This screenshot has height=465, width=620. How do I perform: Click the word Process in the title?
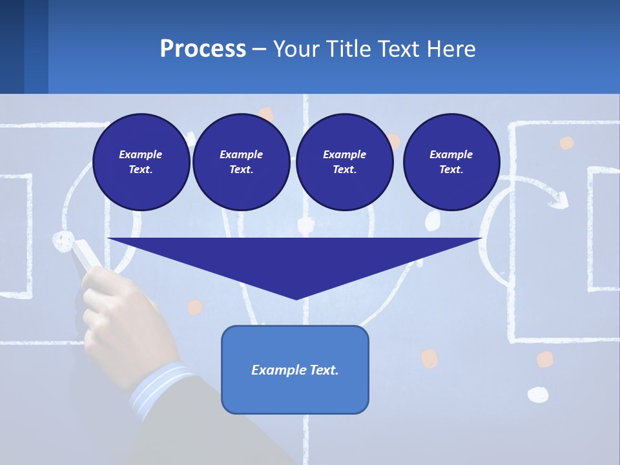coord(203,48)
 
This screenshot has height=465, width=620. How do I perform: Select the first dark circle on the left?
coord(141,162)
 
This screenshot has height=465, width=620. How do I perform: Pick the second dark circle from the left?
coord(241,162)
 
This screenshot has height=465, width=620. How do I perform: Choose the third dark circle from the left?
coord(344,162)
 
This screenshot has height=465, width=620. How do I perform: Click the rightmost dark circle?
coord(451,162)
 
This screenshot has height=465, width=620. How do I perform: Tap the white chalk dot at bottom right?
coord(537,394)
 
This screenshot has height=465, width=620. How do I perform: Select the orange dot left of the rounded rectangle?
coord(194,307)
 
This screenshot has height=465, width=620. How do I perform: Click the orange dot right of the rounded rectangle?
coord(429,358)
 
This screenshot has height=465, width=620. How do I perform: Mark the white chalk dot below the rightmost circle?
coord(432,220)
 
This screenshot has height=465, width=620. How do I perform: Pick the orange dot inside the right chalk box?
coord(566,143)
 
